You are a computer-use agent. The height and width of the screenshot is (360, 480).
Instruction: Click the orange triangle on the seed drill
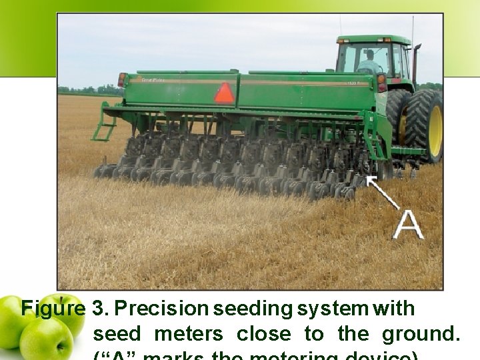[x=225, y=93]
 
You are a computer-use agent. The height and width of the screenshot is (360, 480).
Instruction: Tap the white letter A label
[x=407, y=224]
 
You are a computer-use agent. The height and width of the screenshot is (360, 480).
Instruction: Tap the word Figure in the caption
[x=53, y=309]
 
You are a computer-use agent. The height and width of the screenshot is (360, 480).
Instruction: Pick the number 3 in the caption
[x=99, y=309]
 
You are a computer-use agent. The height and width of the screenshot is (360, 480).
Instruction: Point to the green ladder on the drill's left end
[x=104, y=127]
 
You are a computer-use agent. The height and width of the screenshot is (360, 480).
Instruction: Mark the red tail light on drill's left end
[x=123, y=80]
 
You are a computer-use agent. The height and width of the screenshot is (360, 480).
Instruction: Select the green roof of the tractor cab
[x=373, y=40]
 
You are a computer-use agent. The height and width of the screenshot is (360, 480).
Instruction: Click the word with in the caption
[x=395, y=309]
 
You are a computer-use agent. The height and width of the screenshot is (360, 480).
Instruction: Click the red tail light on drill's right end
[x=381, y=83]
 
